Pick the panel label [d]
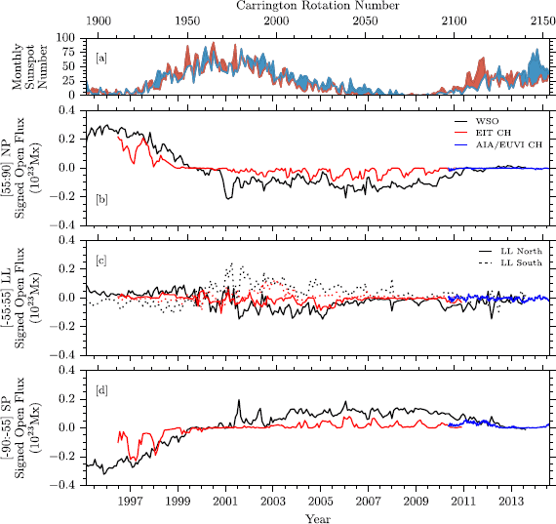[101, 392]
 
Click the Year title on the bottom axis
[318, 517]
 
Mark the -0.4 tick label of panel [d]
[67, 485]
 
